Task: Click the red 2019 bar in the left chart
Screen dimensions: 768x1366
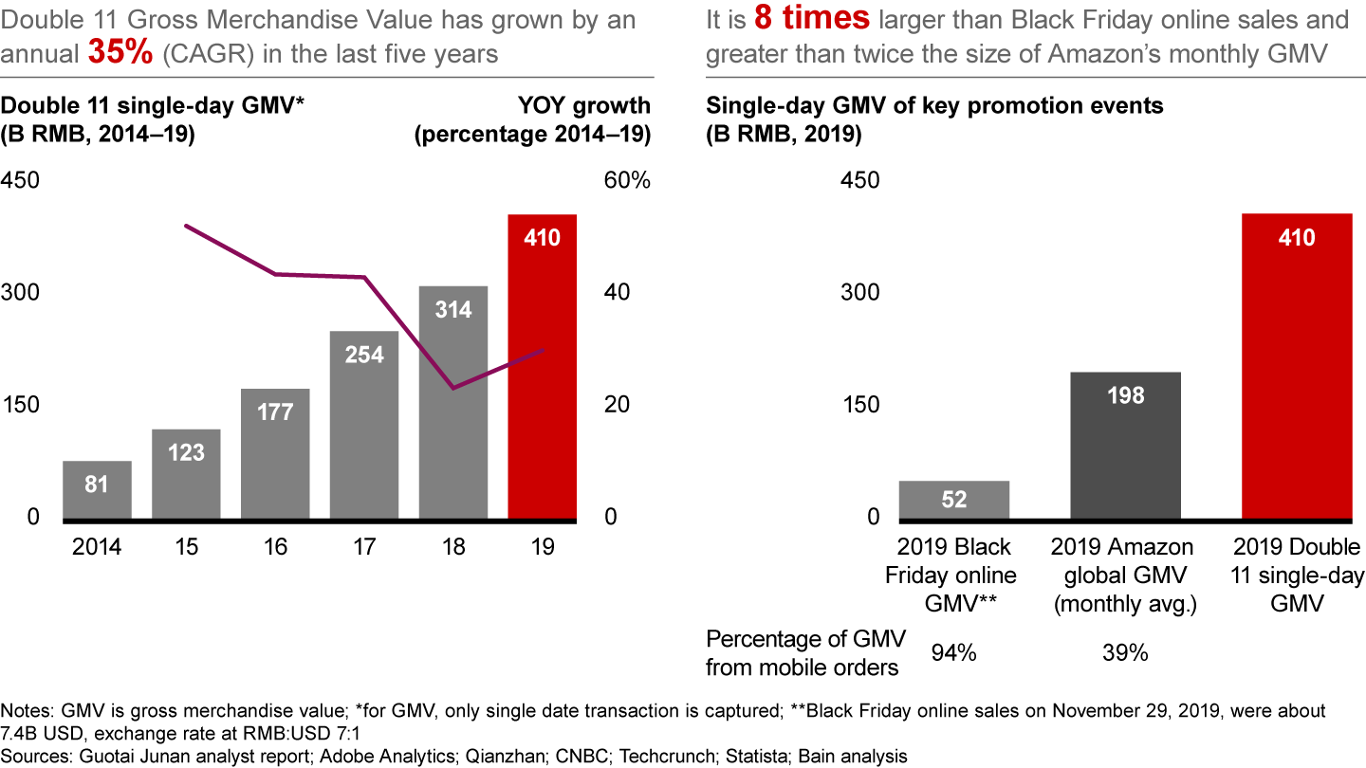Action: [542, 379]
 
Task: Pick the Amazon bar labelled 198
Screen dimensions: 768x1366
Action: [1125, 445]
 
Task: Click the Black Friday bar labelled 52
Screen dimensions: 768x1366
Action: [954, 500]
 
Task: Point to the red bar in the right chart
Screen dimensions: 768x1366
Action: [1296, 379]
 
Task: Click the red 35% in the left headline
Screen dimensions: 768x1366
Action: [120, 53]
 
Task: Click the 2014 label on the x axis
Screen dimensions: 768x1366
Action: [97, 548]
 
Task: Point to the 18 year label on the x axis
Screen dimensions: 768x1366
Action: [453, 548]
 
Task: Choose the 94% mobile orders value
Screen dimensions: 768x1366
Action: [952, 654]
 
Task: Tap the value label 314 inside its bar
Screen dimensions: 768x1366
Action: [453, 309]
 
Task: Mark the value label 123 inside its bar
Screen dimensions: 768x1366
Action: [186, 452]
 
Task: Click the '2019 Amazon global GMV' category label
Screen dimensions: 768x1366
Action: [1124, 575]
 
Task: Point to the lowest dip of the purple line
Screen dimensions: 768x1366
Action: [453, 388]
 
